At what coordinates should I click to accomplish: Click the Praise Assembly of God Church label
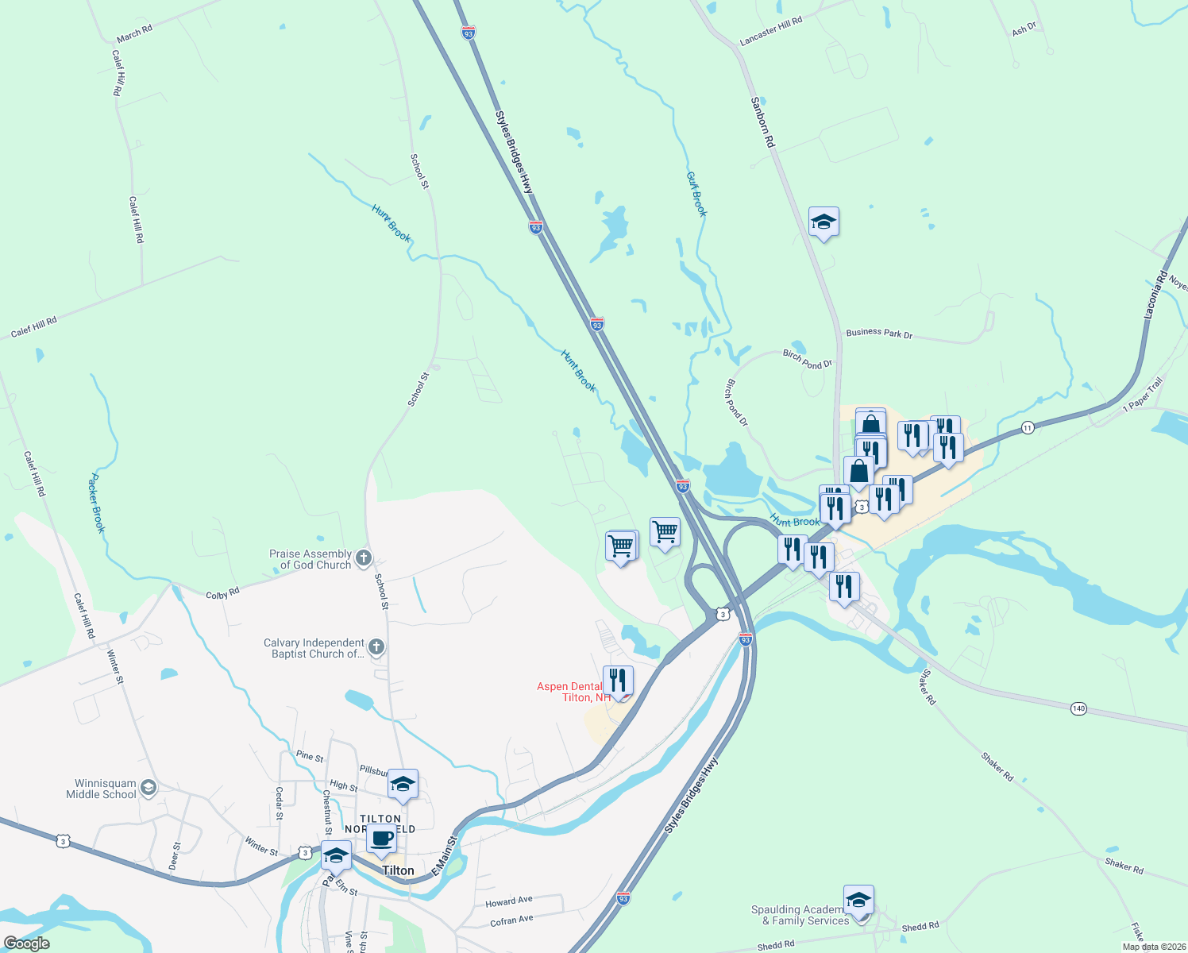point(310,559)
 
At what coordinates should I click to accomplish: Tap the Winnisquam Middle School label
point(101,789)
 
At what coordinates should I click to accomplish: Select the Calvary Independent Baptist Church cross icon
point(377,648)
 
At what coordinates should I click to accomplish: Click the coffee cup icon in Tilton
point(381,839)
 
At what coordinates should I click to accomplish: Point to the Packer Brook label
point(96,503)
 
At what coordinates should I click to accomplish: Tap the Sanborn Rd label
point(762,122)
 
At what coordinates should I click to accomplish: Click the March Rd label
point(134,33)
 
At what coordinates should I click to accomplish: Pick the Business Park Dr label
point(879,333)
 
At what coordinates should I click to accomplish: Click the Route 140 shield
point(1078,708)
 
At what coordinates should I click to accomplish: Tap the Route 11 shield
point(1028,427)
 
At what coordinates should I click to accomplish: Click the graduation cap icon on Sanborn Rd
point(823,222)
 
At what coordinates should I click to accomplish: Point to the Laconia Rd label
point(1155,295)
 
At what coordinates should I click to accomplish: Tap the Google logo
point(27,943)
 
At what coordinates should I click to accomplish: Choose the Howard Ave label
point(509,901)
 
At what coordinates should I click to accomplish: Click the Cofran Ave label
point(511,920)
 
